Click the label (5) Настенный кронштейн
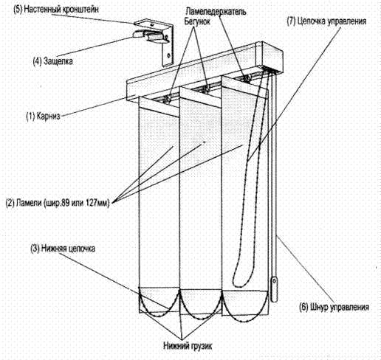click(x=56, y=10)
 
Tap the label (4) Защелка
click(x=53, y=60)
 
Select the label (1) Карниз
click(x=44, y=116)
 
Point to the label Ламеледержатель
click(x=216, y=12)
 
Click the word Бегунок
click(x=197, y=21)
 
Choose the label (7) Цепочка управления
click(x=326, y=21)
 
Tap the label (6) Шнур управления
click(x=334, y=307)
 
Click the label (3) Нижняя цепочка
click(x=63, y=249)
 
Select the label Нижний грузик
click(x=188, y=346)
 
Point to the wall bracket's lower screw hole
click(x=169, y=55)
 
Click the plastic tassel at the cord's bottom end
click(x=274, y=289)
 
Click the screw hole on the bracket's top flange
click(x=152, y=25)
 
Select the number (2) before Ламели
click(x=10, y=204)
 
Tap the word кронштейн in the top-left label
click(x=83, y=10)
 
